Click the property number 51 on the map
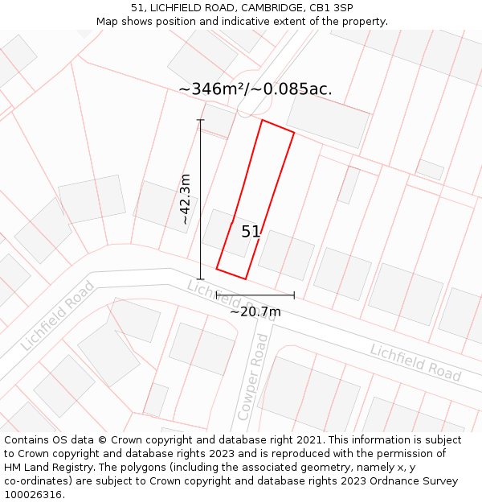click(251, 232)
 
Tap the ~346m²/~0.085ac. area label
click(255, 89)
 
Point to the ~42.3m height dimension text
click(185, 199)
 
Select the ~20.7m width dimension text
click(255, 311)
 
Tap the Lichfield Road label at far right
click(415, 362)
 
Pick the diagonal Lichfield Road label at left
click(57, 315)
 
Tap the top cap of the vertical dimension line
click(201, 121)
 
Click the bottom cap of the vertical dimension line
click(201, 279)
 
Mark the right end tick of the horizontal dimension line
click(294, 295)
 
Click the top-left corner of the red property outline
click(262, 120)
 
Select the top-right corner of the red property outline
click(294, 133)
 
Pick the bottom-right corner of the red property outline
click(245, 279)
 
